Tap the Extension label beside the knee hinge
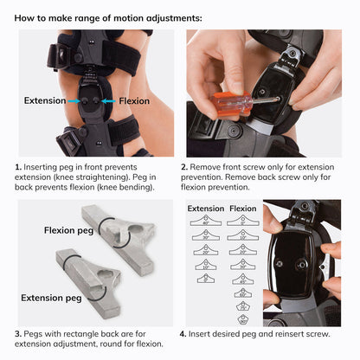(45, 100)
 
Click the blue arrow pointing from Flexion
(105, 100)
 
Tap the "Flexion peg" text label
(70, 230)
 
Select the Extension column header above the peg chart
(205, 209)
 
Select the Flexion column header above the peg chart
(242, 209)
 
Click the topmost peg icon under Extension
(205, 221)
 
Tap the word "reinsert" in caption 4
(281, 334)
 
